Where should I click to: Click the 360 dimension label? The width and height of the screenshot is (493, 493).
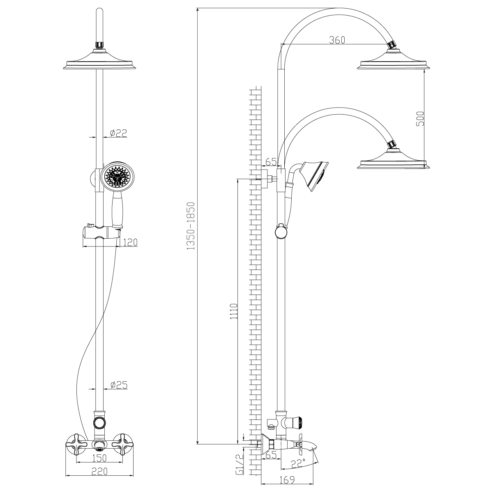tap(337, 40)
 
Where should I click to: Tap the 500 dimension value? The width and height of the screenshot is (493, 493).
tap(420, 118)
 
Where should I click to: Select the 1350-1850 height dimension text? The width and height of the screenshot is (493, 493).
tap(190, 226)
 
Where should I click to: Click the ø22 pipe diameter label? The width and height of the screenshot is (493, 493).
tap(118, 133)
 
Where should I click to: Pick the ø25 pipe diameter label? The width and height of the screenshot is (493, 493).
tap(119, 385)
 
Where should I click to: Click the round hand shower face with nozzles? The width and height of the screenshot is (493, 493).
tap(118, 176)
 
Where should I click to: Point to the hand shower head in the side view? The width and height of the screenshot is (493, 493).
tap(315, 175)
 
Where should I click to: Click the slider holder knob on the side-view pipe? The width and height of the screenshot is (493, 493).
tap(281, 232)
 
